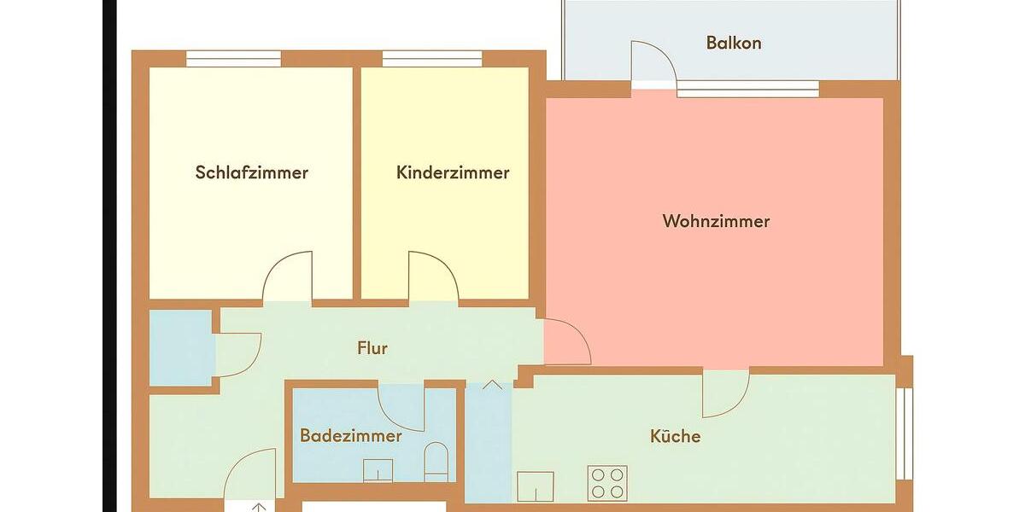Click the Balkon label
coord(733,43)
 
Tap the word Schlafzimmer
coord(251,172)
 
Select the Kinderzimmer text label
coord(453,172)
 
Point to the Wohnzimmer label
coord(716,221)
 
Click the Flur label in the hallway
coord(372,348)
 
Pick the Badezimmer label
coord(350,436)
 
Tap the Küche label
coord(675,436)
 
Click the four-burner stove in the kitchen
coord(607,483)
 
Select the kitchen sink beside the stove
coord(536,486)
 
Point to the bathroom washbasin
coord(378,470)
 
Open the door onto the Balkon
coord(653,64)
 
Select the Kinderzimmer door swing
coord(433,277)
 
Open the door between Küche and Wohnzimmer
coord(725,391)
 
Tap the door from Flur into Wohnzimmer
coord(565,341)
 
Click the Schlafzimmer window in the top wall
coord(233,59)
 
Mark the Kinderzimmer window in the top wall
coord(431,59)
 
